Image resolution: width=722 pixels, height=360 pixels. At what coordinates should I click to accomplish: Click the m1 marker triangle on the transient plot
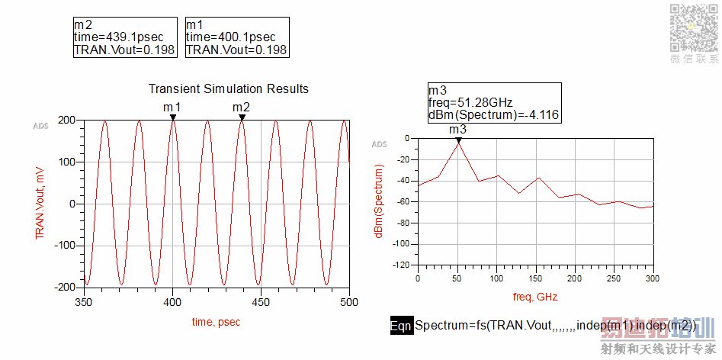click(173, 117)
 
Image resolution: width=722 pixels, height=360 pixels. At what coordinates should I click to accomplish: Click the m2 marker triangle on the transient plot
click(242, 117)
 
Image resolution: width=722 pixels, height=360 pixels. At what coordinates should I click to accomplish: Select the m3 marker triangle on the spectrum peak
click(458, 140)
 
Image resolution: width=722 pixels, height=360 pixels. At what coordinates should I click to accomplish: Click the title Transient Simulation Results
click(229, 89)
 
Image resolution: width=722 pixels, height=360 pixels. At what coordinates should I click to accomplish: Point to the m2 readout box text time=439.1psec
click(118, 37)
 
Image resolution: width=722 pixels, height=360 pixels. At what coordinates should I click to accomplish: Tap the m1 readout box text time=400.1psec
click(230, 37)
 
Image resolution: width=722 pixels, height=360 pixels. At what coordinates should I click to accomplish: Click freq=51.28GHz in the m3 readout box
click(470, 101)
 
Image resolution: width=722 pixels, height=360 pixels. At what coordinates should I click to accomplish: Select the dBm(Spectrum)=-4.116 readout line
click(494, 114)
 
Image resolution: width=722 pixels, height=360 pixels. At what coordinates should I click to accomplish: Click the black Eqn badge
click(401, 326)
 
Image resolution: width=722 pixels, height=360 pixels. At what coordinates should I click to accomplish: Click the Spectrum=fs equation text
click(555, 326)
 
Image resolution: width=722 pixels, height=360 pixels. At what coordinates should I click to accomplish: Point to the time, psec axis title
click(215, 322)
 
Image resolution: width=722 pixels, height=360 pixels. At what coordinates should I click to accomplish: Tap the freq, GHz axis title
click(534, 296)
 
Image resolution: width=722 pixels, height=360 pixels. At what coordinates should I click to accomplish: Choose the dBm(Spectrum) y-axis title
click(379, 202)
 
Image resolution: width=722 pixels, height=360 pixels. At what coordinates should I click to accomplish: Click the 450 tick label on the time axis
click(261, 302)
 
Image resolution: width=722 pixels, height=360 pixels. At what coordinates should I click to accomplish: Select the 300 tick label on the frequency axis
click(653, 278)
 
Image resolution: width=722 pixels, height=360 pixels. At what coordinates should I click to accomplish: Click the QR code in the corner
click(693, 27)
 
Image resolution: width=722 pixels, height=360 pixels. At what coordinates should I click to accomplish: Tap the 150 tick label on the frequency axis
click(535, 278)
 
